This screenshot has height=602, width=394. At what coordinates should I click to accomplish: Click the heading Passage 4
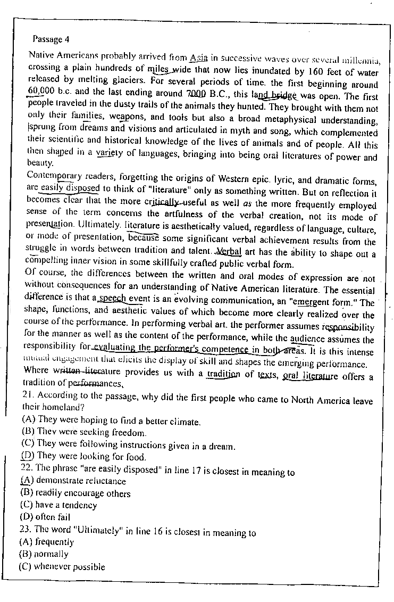[x=51, y=39]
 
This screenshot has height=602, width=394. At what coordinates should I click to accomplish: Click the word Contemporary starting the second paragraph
[x=51, y=175]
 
